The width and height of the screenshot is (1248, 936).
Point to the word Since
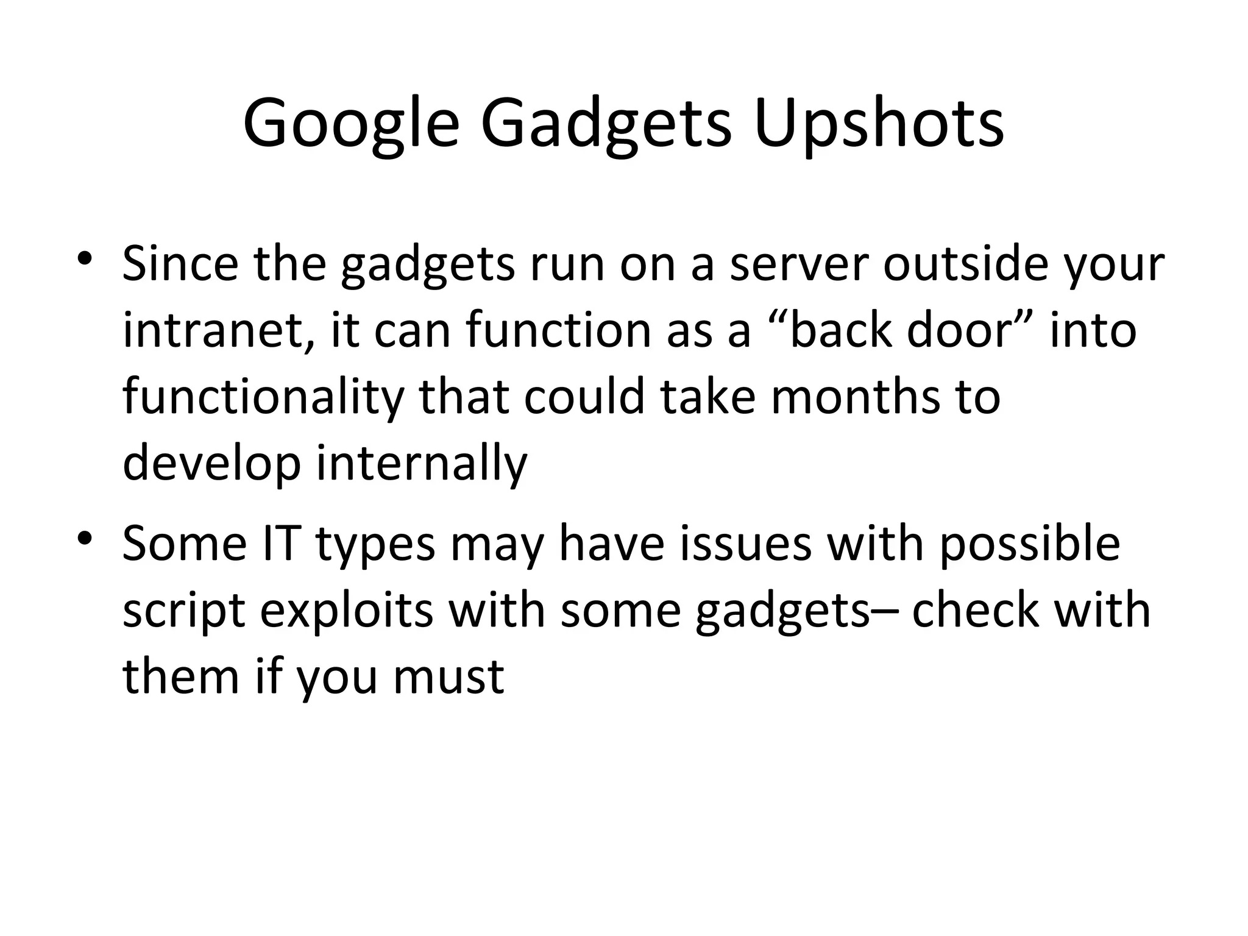click(180, 264)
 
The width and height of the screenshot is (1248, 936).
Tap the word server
click(798, 264)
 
